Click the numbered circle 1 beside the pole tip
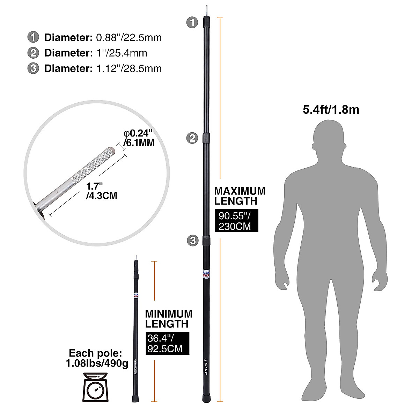pyautogui.click(x=192, y=23)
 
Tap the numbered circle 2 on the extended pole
pyautogui.click(x=192, y=138)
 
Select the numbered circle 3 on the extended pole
pyautogui.click(x=192, y=240)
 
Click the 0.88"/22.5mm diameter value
pyautogui.click(x=129, y=37)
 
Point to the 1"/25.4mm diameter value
pyautogui.click(x=122, y=53)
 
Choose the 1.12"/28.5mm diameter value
pyautogui.click(x=129, y=68)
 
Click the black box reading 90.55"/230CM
pyautogui.click(x=236, y=221)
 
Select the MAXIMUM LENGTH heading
pyautogui.click(x=240, y=196)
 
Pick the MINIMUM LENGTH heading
pyautogui.click(x=169, y=318)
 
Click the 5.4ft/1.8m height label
pyautogui.click(x=331, y=110)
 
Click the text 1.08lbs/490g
pyautogui.click(x=97, y=363)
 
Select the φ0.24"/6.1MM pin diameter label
pyautogui.click(x=138, y=138)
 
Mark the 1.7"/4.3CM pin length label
pyautogui.click(x=101, y=190)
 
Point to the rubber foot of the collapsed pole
pyautogui.click(x=134, y=398)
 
